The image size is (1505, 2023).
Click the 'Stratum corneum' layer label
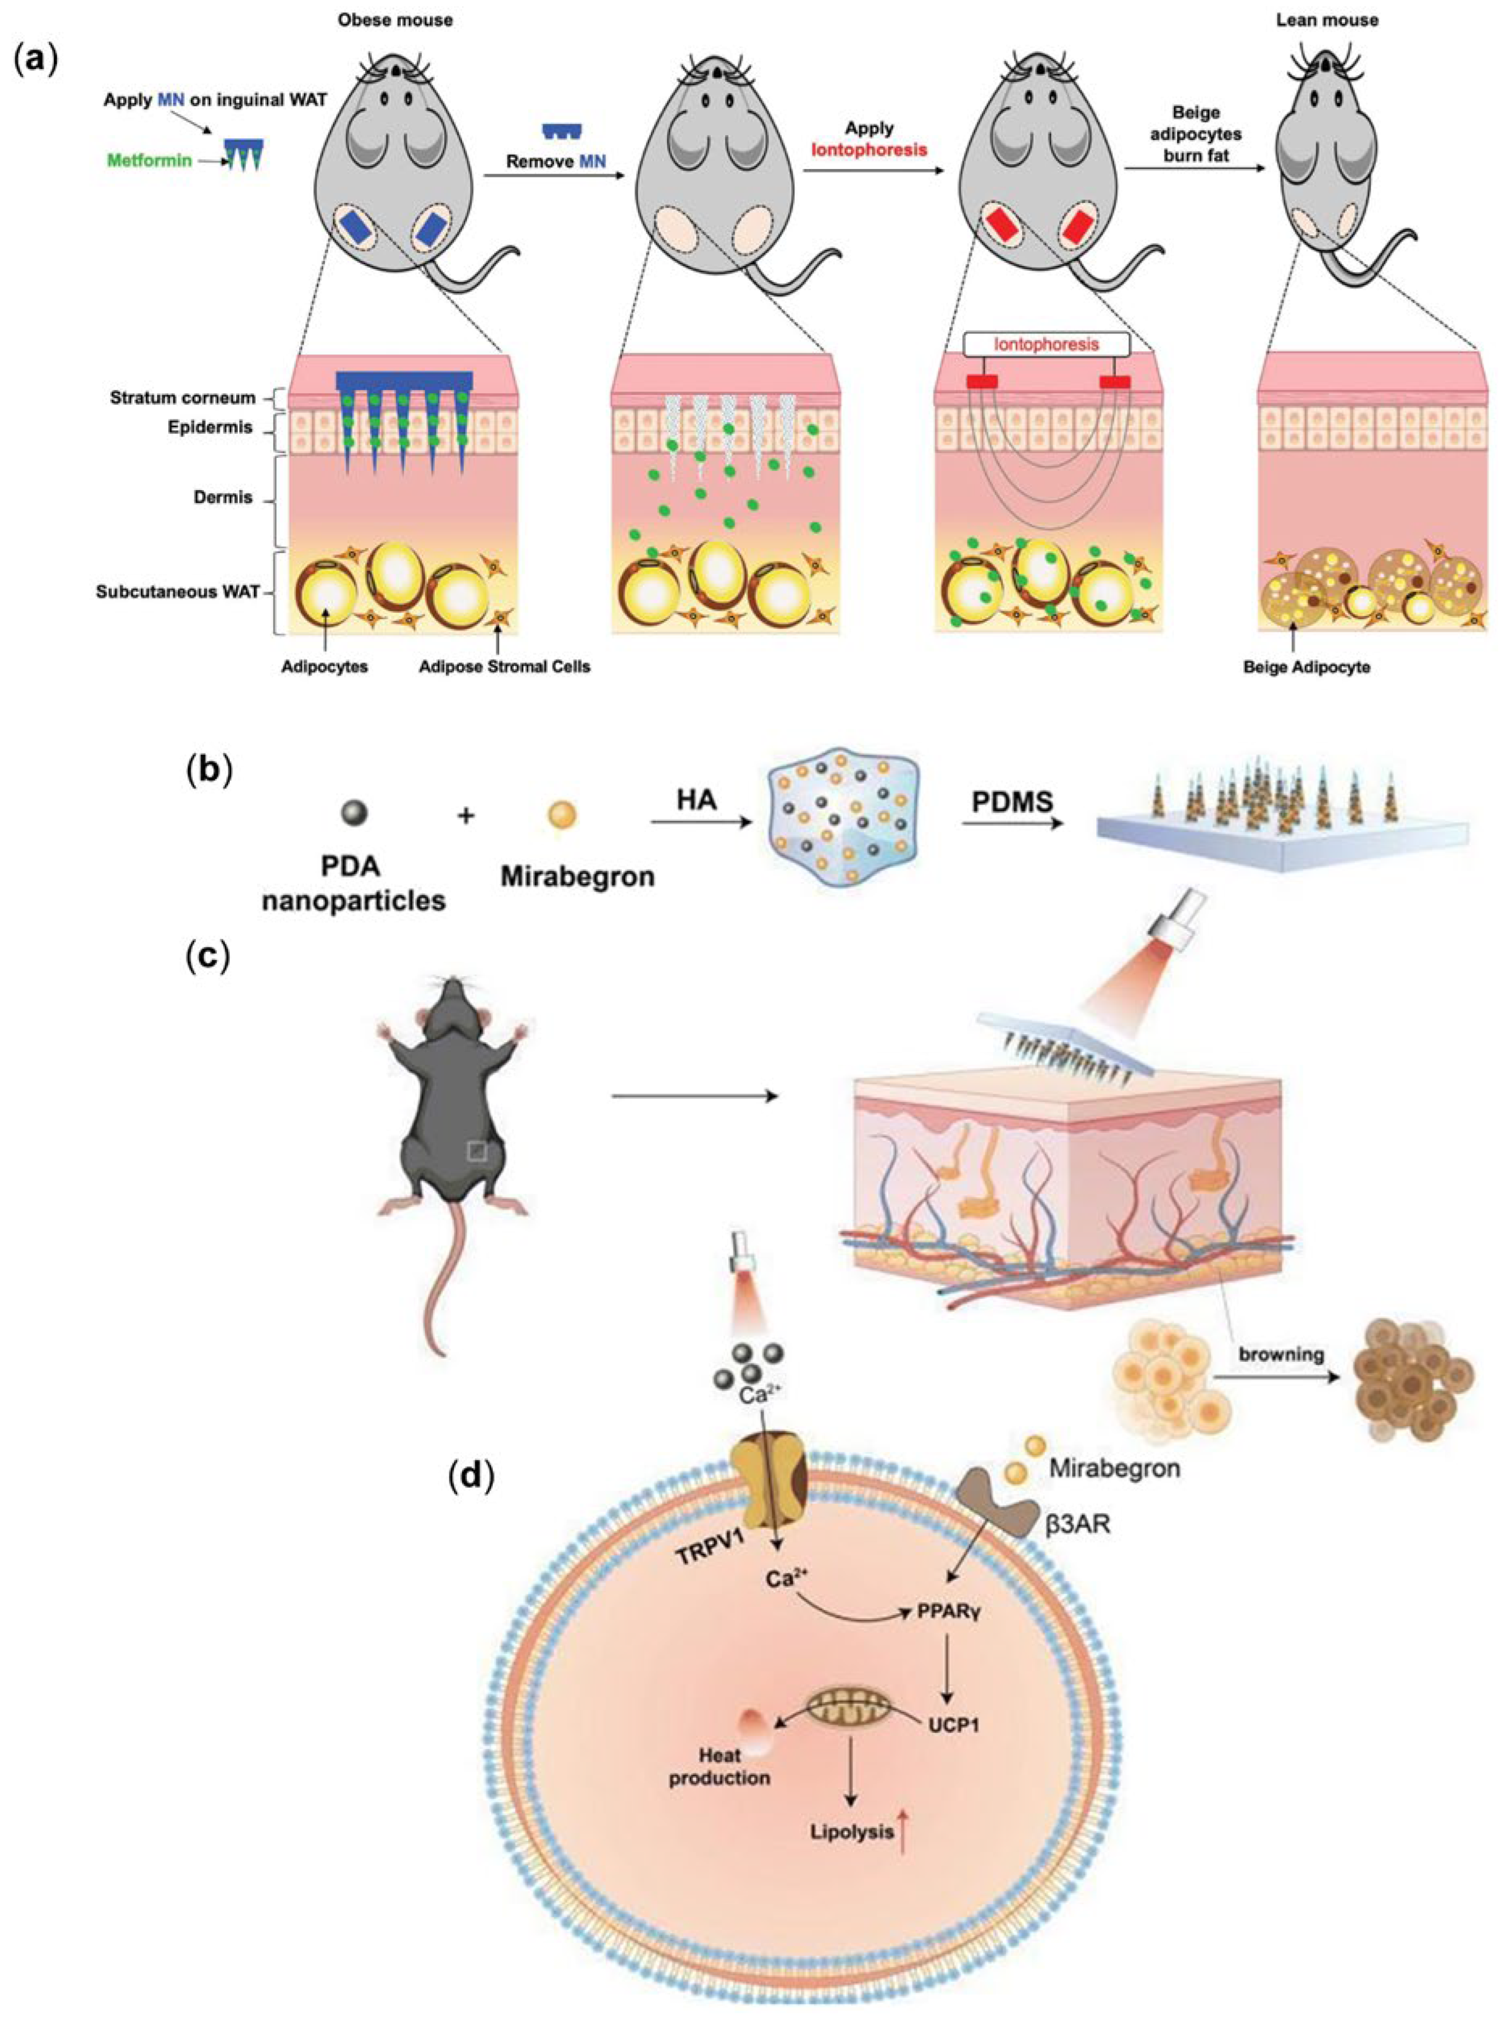[x=182, y=398]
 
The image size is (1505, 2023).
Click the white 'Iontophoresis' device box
[x=1046, y=344]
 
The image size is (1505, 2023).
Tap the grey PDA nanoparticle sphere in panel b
[x=354, y=813]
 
